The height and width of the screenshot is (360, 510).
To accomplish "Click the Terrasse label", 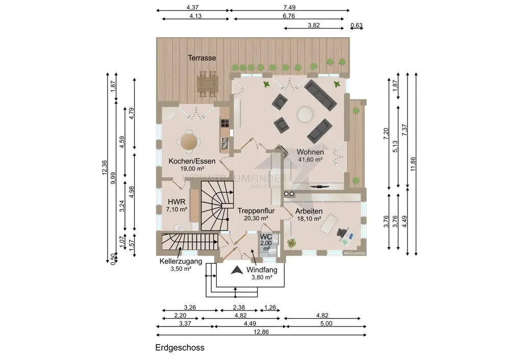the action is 202,58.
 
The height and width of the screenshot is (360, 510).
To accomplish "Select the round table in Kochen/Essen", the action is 189,141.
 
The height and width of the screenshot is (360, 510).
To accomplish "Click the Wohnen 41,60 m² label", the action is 311,156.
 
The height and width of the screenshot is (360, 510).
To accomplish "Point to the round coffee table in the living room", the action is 305,114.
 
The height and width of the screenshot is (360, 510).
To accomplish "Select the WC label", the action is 266,237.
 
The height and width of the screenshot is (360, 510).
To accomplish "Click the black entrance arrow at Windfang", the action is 236,271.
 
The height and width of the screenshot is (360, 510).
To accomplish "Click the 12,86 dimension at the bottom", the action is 262,331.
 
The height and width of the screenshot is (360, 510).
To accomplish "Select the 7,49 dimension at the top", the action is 289,7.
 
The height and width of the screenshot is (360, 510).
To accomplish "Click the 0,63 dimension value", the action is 356,25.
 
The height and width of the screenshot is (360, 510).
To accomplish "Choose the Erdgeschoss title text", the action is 180,348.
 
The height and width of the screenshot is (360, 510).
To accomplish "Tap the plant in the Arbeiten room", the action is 292,243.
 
